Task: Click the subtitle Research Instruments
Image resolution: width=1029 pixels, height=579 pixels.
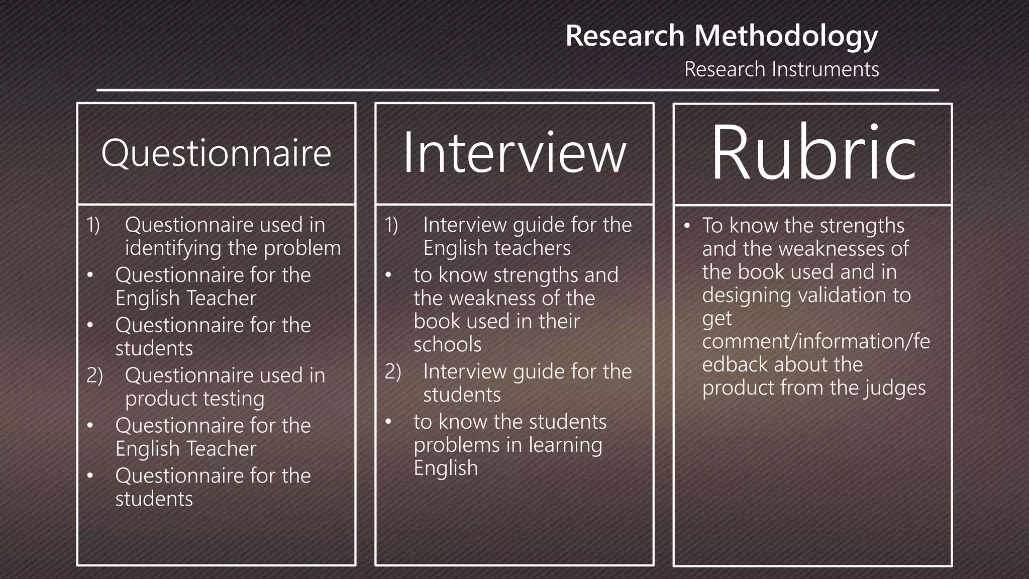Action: pos(781,69)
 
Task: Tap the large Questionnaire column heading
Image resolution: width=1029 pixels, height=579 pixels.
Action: pos(216,153)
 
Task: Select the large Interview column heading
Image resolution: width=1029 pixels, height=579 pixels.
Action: pos(514,153)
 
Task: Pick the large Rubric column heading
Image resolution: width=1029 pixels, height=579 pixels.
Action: pos(813,153)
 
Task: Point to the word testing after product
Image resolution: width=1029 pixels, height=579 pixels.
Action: pos(232,399)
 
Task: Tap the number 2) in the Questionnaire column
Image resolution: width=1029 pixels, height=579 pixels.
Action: pos(94,375)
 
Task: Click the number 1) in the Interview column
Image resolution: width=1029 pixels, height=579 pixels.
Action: pos(391,225)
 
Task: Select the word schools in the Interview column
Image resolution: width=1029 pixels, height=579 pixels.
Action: pos(447,345)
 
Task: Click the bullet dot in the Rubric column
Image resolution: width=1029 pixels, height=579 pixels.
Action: pos(687,226)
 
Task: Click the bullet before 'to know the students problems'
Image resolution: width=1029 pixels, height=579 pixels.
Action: pos(388,422)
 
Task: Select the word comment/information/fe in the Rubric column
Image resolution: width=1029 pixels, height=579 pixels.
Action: pos(816,341)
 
